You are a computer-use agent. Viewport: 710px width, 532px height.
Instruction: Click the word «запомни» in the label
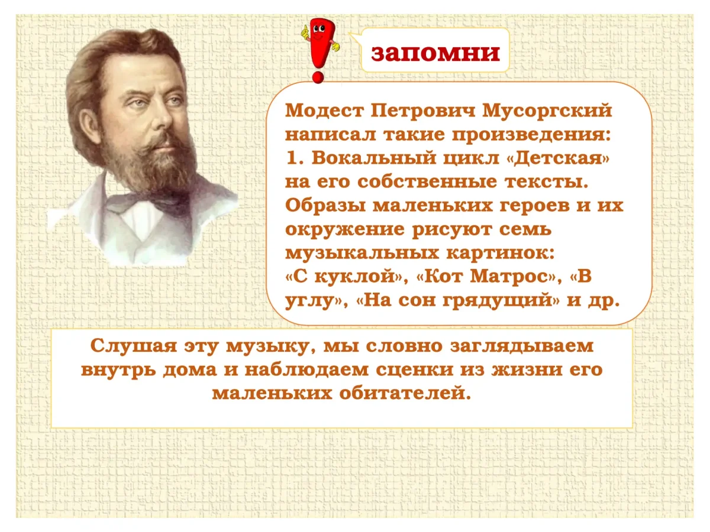[x=435, y=53]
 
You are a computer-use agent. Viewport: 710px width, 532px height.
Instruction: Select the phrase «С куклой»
[x=344, y=277]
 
